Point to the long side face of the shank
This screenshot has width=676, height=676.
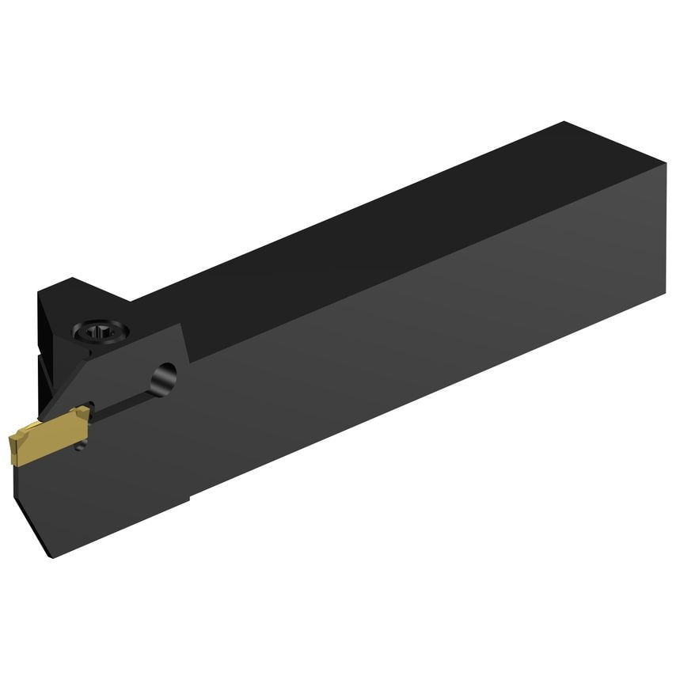point(396,356)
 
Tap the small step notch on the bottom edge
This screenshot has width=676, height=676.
point(190,499)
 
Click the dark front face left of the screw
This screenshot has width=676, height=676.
point(47,332)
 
